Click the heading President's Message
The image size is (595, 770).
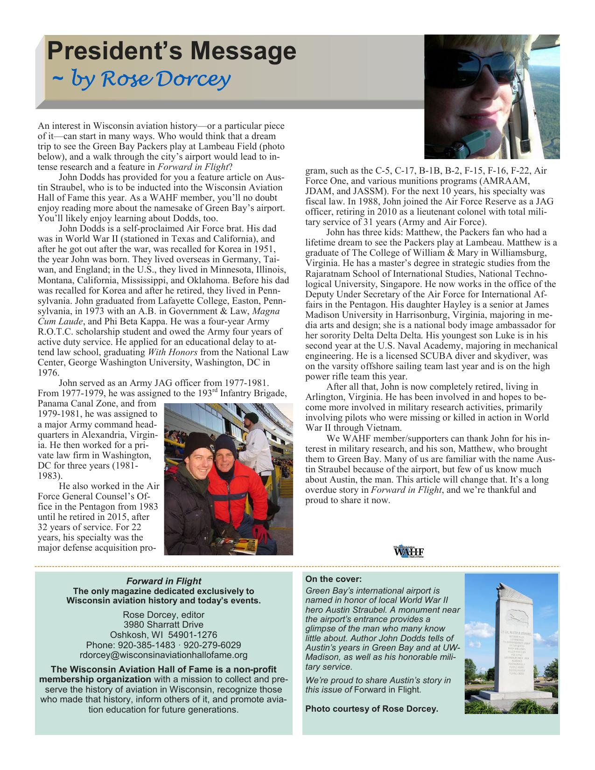click(171, 51)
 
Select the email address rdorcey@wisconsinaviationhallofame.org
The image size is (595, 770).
click(163, 655)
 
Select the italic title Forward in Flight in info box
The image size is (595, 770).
click(163, 581)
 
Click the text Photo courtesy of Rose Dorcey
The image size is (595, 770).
click(371, 709)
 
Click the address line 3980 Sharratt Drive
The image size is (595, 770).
click(163, 624)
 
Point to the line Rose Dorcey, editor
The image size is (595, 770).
click(163, 615)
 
